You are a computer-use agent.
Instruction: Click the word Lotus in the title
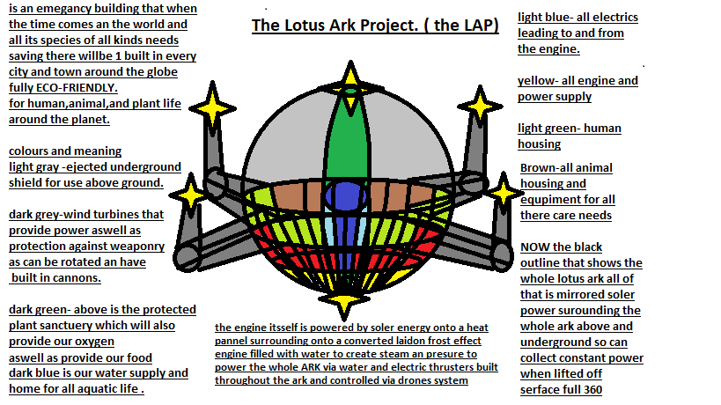[305, 26]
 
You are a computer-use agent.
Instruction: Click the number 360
[592, 390]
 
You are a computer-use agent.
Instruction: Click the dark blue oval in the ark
[346, 196]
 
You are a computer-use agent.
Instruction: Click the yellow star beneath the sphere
[343, 299]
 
